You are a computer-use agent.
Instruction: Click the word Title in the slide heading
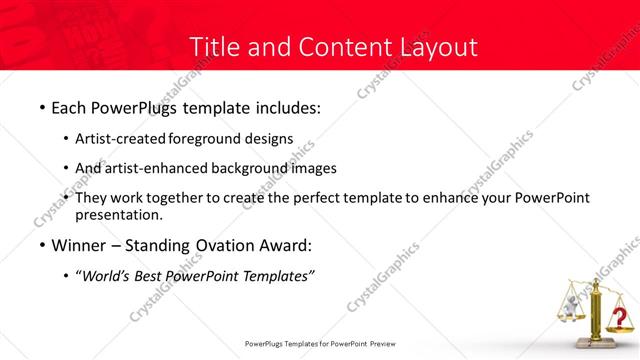click(x=213, y=47)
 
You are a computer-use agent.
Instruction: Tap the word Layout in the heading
click(x=437, y=47)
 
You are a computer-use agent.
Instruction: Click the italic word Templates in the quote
click(x=279, y=276)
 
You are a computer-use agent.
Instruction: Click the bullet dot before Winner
click(x=41, y=246)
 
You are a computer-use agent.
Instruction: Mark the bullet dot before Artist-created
click(x=66, y=139)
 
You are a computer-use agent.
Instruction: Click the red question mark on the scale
click(x=621, y=319)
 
